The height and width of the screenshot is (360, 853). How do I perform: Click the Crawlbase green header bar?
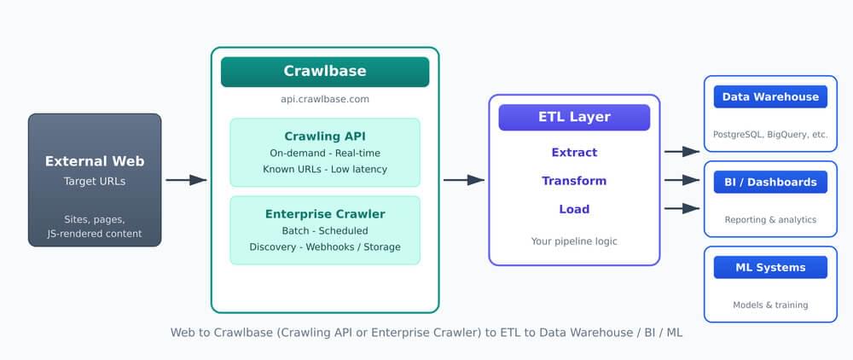[324, 72]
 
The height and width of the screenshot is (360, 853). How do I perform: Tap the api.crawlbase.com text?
[324, 99]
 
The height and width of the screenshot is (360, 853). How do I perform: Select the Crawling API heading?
[324, 136]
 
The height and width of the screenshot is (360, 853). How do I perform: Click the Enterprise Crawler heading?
[324, 214]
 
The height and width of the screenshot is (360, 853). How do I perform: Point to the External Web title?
[95, 161]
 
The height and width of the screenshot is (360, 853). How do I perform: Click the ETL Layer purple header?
[574, 117]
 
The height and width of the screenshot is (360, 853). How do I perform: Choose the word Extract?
[574, 152]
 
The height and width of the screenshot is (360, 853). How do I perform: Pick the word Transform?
[574, 181]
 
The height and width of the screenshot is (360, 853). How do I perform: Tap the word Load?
[574, 209]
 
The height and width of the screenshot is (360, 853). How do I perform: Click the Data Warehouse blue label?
[770, 96]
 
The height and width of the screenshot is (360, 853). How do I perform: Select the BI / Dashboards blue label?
[770, 182]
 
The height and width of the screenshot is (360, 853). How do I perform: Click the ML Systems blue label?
[770, 267]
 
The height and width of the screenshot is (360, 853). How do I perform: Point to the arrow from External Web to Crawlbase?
[186, 180]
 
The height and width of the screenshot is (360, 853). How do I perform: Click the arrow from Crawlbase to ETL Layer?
[463, 180]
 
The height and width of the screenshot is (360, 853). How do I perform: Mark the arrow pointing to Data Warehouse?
[682, 152]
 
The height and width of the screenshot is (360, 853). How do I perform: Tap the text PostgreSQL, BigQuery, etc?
[770, 134]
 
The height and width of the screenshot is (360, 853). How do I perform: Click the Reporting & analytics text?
[770, 219]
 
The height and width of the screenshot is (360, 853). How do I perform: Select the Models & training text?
[770, 305]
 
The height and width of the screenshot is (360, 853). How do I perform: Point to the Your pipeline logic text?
[574, 241]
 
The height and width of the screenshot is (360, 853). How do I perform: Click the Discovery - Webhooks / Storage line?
[324, 247]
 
